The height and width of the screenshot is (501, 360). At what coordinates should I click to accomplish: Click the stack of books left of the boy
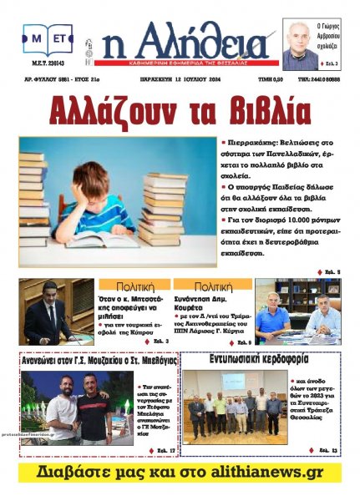click(x=33, y=200)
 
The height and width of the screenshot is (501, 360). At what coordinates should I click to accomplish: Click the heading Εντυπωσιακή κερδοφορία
click(x=262, y=359)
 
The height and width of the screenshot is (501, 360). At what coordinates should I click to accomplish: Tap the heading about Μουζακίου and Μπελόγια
click(x=99, y=362)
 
